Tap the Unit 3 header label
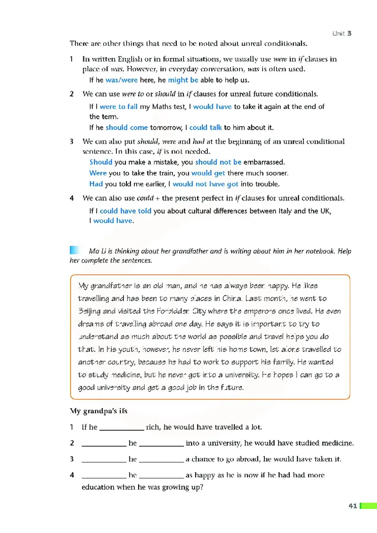tap(342, 33)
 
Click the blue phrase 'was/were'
tap(122, 80)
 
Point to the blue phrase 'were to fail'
tap(119, 107)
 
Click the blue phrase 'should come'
tap(127, 127)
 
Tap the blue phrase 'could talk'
tap(205, 127)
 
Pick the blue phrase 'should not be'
tap(218, 162)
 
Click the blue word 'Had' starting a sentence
tap(96, 184)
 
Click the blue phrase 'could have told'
tap(125, 211)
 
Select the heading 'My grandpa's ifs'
tap(98, 411)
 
